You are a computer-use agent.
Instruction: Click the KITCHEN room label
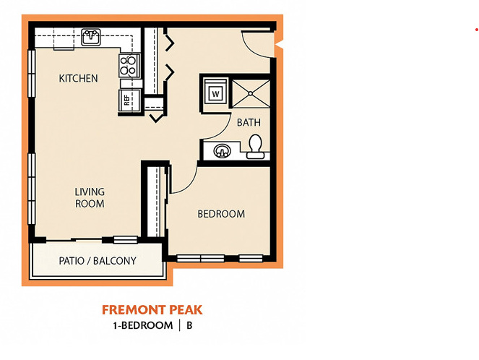coord(78,79)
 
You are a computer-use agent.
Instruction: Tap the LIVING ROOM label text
coord(90,198)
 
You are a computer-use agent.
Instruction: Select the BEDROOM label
coord(221,214)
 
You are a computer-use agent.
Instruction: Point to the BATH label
coord(249,123)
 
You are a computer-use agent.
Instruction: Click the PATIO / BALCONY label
coord(98,261)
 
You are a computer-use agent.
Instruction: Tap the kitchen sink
coord(91,37)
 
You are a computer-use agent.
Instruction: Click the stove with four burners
coord(129,65)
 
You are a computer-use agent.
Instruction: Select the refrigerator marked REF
coord(129,100)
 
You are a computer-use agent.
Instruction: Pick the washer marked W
coord(216,93)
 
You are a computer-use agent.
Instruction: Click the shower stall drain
coord(251,93)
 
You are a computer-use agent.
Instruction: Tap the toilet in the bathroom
coord(255,147)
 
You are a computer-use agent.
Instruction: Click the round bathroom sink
coord(222,151)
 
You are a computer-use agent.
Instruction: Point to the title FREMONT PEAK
coord(152,310)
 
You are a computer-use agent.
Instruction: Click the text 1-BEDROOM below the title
coord(142,325)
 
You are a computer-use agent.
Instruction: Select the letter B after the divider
coord(189,325)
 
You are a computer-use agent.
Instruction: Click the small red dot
coord(477,30)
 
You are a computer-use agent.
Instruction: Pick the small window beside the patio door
coord(126,240)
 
